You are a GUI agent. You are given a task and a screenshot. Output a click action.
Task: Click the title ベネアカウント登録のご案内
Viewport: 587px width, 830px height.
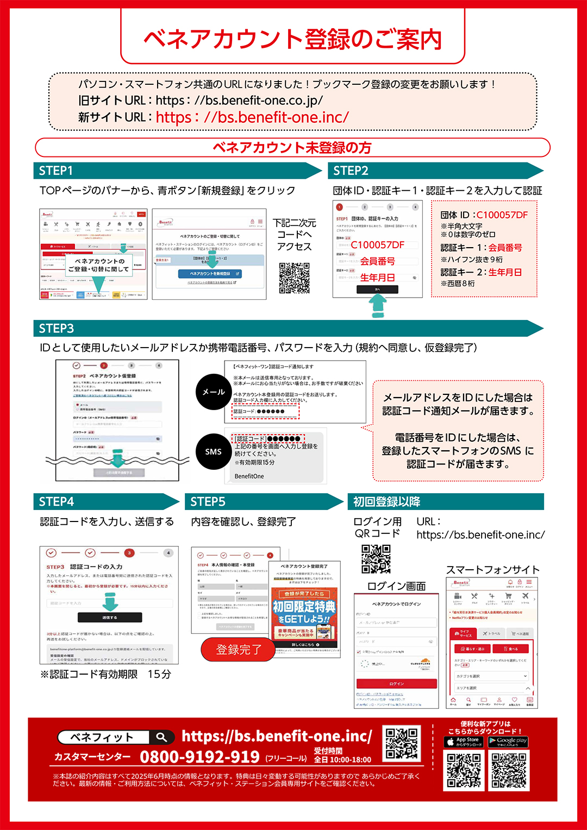292,39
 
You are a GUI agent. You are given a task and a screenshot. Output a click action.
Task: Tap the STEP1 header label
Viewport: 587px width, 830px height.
56,171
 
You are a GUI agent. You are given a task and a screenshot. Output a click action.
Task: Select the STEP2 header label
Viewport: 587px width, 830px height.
351,171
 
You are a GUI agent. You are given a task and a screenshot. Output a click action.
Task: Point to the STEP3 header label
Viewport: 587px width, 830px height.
57,329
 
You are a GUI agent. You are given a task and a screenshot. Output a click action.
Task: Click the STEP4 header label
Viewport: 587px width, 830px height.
57,501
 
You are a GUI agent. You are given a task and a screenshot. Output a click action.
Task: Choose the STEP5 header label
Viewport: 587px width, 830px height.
208,501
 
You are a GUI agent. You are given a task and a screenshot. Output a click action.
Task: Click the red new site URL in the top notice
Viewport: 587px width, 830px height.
252,117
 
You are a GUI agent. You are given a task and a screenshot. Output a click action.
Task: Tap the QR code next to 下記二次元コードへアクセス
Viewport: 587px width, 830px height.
295,278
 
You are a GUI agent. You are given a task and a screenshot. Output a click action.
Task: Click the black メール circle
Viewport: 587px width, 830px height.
214,392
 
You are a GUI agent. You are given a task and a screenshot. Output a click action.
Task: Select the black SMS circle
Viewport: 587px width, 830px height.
214,451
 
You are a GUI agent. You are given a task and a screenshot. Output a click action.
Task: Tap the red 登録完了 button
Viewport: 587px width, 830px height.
239,650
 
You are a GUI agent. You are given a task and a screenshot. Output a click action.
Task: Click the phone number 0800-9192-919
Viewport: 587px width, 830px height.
199,757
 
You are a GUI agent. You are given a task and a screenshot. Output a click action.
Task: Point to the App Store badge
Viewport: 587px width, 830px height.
464,741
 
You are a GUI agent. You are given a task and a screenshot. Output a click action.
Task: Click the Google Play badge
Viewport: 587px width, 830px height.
508,741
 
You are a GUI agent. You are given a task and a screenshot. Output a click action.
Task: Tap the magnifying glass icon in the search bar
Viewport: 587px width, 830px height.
161,737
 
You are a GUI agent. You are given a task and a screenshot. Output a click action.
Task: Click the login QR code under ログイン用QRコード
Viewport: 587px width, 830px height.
376,559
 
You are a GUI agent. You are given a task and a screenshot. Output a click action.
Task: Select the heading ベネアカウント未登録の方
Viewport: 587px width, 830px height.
292,148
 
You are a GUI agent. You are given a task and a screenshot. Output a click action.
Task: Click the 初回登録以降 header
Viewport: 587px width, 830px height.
386,501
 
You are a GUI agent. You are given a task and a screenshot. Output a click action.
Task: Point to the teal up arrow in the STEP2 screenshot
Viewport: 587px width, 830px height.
378,305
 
